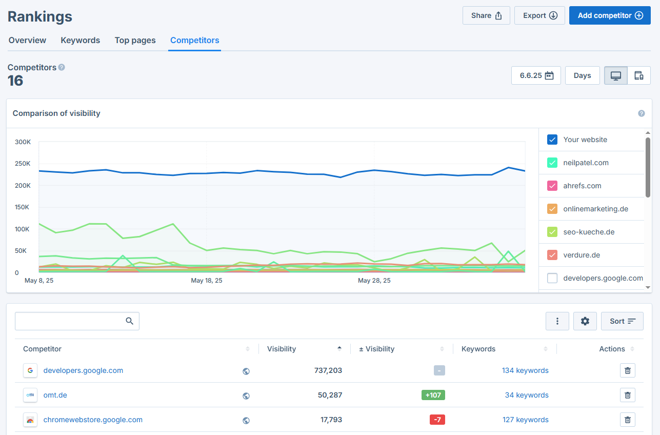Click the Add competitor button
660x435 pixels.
610,15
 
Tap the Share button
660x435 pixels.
486,15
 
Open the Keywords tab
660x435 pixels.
80,40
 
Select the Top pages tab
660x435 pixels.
135,40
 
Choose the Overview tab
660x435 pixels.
27,40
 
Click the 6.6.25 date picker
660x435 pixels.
536,75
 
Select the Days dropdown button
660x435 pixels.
582,75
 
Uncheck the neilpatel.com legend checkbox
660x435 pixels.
552,163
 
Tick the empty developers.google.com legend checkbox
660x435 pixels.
552,278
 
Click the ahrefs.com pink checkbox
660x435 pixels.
552,186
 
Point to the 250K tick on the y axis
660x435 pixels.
23,164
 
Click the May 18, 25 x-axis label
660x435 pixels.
207,281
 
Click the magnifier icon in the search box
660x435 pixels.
129,321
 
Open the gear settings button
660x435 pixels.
585,321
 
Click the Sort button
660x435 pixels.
622,321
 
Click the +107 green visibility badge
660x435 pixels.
433,395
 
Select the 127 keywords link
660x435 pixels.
525,420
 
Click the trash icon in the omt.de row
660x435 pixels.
628,395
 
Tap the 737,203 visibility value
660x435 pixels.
328,370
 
